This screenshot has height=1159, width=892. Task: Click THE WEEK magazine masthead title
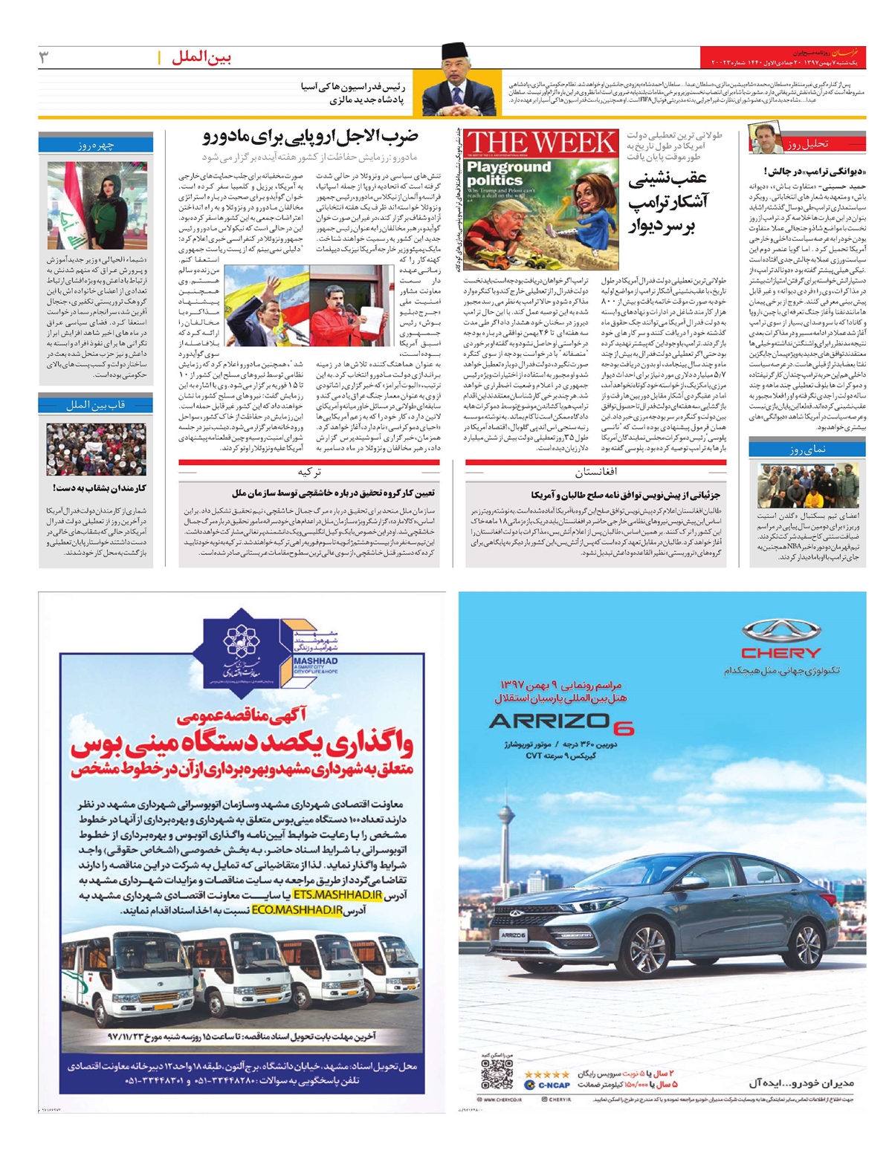[542, 142]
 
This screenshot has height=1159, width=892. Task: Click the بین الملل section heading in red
[201, 58]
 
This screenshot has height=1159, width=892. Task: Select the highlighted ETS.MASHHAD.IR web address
[337, 895]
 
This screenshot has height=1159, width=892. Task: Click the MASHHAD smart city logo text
[315, 660]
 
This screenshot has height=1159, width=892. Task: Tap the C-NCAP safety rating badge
[546, 1085]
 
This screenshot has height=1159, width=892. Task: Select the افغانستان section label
[595, 472]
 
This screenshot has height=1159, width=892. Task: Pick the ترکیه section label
[308, 472]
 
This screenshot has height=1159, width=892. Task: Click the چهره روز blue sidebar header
[96, 146]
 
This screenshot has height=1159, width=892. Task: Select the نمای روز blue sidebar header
[807, 449]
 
